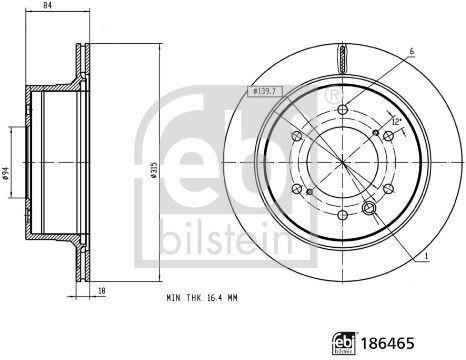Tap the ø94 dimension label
(5, 173)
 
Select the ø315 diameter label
(153, 170)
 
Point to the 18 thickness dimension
(102, 291)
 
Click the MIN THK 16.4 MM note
(202, 298)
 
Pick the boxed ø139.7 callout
(265, 91)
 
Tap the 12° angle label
(396, 122)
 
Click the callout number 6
(412, 51)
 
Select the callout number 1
(426, 256)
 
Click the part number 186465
(388, 343)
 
